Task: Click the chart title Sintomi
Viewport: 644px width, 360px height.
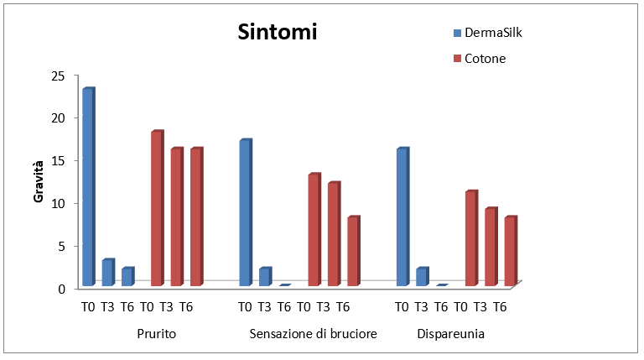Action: point(277,33)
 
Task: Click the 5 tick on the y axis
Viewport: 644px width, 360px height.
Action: point(60,246)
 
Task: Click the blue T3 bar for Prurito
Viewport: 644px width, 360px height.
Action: point(107,273)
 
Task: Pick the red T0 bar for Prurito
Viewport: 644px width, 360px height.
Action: point(157,209)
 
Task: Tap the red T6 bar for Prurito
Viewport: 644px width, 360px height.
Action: point(195,217)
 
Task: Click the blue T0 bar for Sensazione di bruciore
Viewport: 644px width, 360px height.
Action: point(245,213)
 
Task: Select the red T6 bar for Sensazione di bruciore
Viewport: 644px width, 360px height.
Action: point(353,252)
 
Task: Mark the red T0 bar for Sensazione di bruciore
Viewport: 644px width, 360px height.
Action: point(314,230)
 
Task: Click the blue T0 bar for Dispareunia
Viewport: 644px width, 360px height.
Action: point(402,217)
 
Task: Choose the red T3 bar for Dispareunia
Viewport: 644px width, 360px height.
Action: point(491,248)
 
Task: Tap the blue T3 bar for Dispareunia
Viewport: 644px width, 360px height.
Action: point(422,277)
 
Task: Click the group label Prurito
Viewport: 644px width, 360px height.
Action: point(156,334)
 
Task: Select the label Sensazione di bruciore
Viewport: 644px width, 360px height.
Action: point(313,334)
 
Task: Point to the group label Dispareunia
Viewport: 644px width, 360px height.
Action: point(451,334)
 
